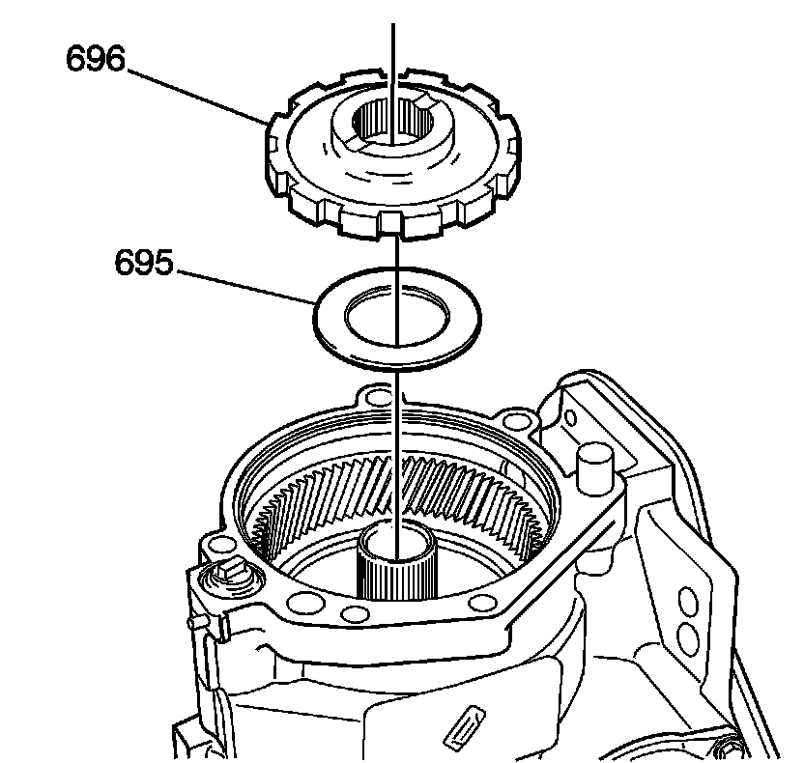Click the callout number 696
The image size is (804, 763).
pyautogui.click(x=96, y=59)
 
